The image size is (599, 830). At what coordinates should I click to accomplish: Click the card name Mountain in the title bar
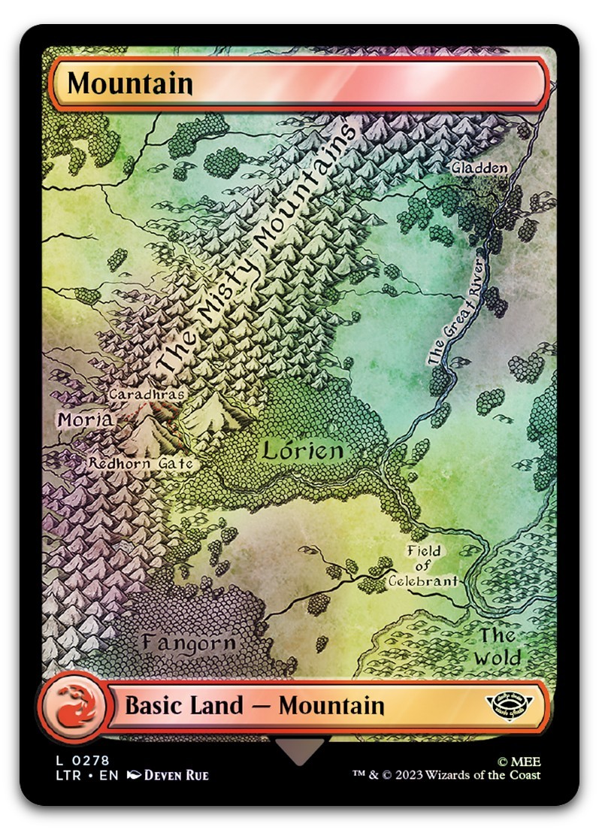pyautogui.click(x=130, y=83)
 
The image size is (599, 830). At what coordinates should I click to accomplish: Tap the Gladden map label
pyautogui.click(x=480, y=168)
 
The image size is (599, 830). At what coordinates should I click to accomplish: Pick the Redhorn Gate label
pyautogui.click(x=141, y=464)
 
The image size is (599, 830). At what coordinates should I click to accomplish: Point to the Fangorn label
pyautogui.click(x=189, y=644)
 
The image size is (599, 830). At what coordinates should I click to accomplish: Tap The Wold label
pyautogui.click(x=498, y=647)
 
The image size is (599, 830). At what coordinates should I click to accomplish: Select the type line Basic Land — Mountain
pyautogui.click(x=254, y=706)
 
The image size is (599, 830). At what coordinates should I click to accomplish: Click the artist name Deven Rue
pyautogui.click(x=176, y=775)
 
